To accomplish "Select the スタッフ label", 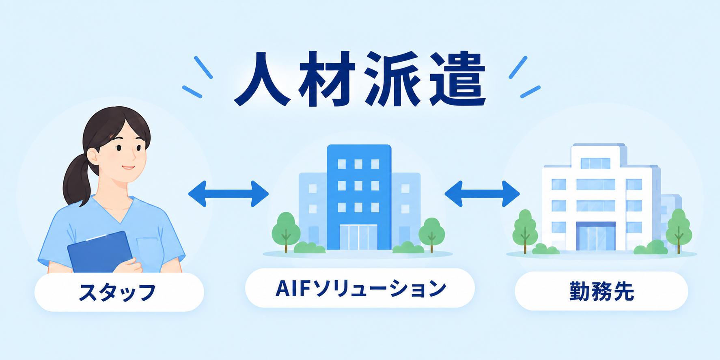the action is coord(118,292).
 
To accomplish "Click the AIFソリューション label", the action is coord(360,288).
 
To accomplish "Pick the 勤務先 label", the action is coord(601,291).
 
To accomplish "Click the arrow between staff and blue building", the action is coord(229,194).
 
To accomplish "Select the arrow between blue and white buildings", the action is coord(482,194).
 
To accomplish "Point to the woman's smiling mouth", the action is coord(128,167).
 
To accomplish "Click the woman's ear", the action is coord(93,156).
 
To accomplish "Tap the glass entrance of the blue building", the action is coord(358,237).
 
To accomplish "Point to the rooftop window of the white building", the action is coord(595,163).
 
